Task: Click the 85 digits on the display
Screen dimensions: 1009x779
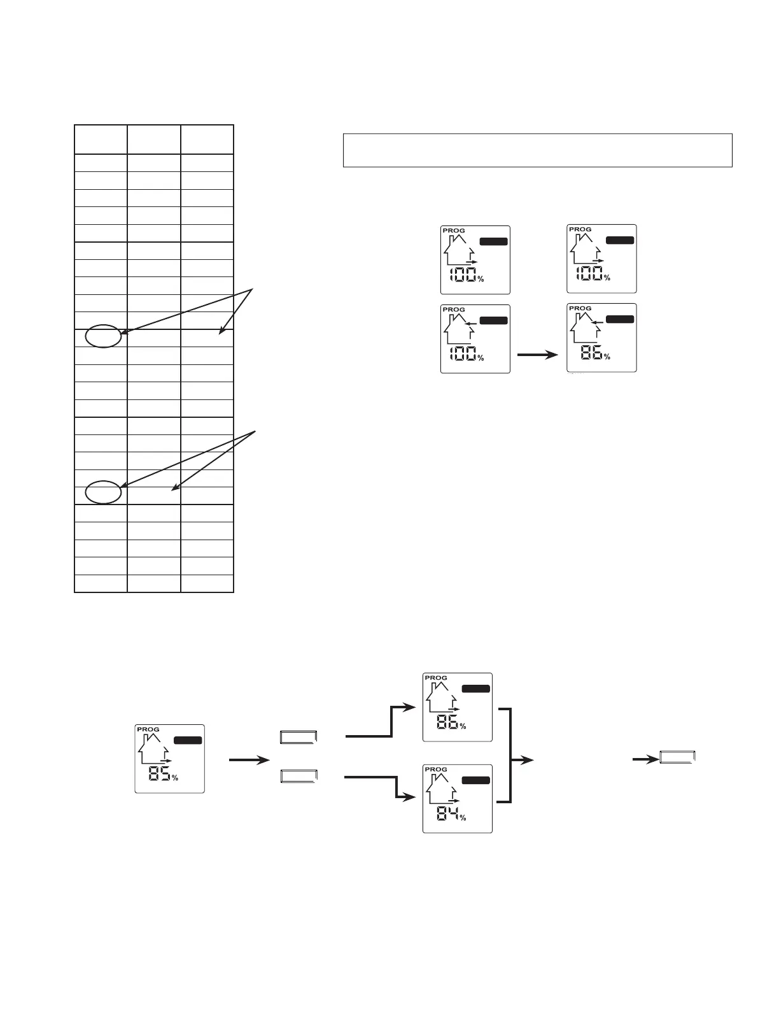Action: click(159, 774)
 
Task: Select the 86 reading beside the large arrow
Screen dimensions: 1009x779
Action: click(591, 352)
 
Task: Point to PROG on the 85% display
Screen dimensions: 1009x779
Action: click(148, 729)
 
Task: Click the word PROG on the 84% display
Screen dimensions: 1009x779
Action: click(436, 769)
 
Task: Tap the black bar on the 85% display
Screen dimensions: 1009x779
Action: click(188, 740)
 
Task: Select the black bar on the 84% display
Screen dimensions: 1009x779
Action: click(475, 780)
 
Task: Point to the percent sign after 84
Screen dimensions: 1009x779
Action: click(463, 818)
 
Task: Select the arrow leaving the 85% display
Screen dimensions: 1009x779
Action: click(249, 760)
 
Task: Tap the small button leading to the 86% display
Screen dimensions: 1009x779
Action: click(298, 738)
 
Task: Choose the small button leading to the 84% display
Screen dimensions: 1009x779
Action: click(298, 776)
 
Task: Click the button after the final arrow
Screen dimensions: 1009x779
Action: click(678, 757)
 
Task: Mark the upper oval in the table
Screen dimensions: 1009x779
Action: click(103, 336)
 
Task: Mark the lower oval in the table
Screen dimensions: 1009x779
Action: click(103, 492)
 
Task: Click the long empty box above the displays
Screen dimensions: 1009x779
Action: click(538, 150)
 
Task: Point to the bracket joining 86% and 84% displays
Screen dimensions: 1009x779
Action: click(509, 755)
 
